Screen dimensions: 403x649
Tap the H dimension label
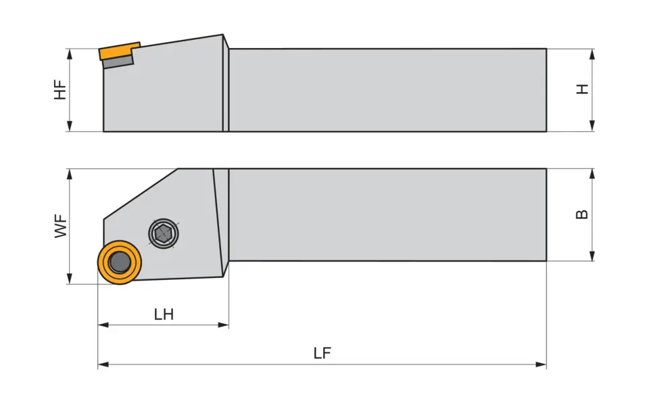tap(583, 89)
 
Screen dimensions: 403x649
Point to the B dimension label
tap(581, 214)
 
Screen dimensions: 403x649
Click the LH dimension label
tap(164, 314)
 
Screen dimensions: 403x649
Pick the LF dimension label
tap(322, 353)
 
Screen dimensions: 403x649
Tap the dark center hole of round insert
tap(120, 262)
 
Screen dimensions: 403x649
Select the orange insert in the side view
tap(118, 51)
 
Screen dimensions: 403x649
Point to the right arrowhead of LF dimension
tap(541, 364)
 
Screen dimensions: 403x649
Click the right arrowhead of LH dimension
tap(224, 325)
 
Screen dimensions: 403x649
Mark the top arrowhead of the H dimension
tap(592, 54)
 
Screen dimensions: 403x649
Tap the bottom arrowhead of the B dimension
tap(592, 256)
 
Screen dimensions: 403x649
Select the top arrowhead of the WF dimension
tap(70, 174)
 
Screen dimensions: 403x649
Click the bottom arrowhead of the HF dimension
tap(70, 126)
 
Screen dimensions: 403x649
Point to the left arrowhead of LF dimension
tap(103, 364)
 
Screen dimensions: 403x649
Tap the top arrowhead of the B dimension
tap(592, 174)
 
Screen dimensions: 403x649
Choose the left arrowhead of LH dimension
tap(103, 325)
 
